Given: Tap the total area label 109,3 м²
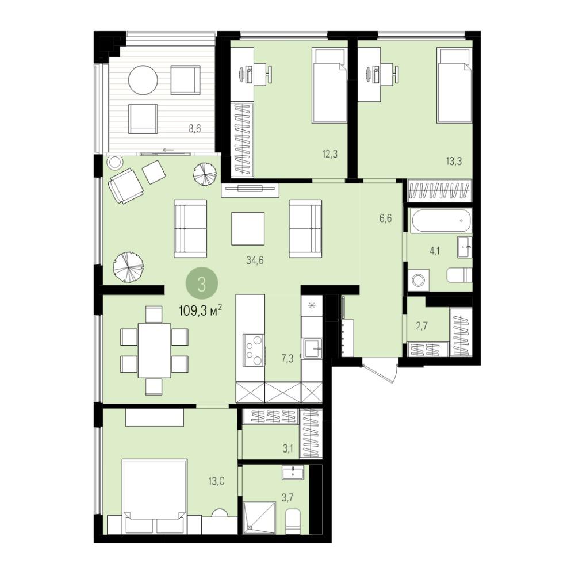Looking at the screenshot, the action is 201,311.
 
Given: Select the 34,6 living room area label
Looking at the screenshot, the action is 255,260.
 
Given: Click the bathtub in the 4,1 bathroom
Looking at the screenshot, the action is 440,220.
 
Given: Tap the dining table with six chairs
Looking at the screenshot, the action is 154,350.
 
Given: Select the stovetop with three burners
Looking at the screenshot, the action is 254,350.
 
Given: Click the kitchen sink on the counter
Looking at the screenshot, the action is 312,348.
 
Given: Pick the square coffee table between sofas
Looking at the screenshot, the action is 248,228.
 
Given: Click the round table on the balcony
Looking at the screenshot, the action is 143,80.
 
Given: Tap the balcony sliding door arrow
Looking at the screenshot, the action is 168,149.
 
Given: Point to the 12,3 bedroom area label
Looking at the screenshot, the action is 329,154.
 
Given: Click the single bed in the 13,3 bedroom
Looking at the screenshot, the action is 454,85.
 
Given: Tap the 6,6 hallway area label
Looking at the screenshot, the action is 385,218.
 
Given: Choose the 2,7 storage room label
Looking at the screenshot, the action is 421,325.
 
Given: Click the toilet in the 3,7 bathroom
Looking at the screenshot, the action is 293,521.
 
